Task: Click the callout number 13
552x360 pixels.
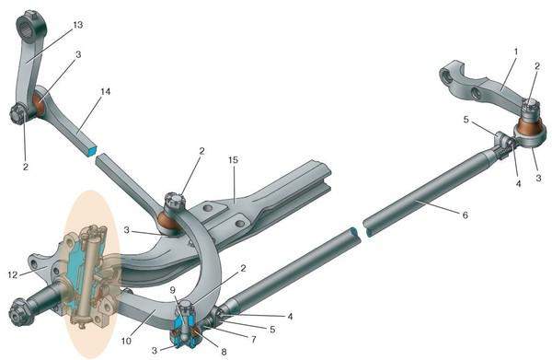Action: (78, 25)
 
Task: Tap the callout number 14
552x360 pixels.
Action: (105, 91)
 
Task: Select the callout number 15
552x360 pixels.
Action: (233, 160)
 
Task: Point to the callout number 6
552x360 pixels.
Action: (465, 215)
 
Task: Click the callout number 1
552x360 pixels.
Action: (516, 52)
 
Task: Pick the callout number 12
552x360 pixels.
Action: (13, 274)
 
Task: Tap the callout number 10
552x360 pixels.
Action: (126, 341)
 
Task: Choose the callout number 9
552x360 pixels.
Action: (172, 290)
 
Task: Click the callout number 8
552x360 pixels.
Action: (224, 351)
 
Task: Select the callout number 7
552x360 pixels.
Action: (254, 340)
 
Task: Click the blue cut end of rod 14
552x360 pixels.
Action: (91, 151)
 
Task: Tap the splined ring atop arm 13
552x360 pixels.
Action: (31, 29)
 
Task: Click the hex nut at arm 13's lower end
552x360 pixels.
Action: (17, 114)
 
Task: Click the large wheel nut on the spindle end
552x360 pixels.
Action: (21, 312)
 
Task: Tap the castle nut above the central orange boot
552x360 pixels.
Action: (174, 202)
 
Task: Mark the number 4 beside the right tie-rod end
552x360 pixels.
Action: (518, 183)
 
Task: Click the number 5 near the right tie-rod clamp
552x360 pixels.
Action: (466, 120)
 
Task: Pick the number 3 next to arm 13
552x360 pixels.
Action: (78, 54)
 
